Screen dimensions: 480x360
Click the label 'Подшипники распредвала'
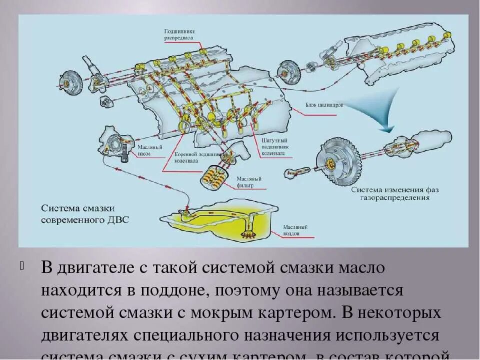click(179, 33)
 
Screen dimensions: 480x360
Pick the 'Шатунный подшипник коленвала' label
click(273, 147)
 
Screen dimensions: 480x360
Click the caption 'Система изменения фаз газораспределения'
click(390, 193)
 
